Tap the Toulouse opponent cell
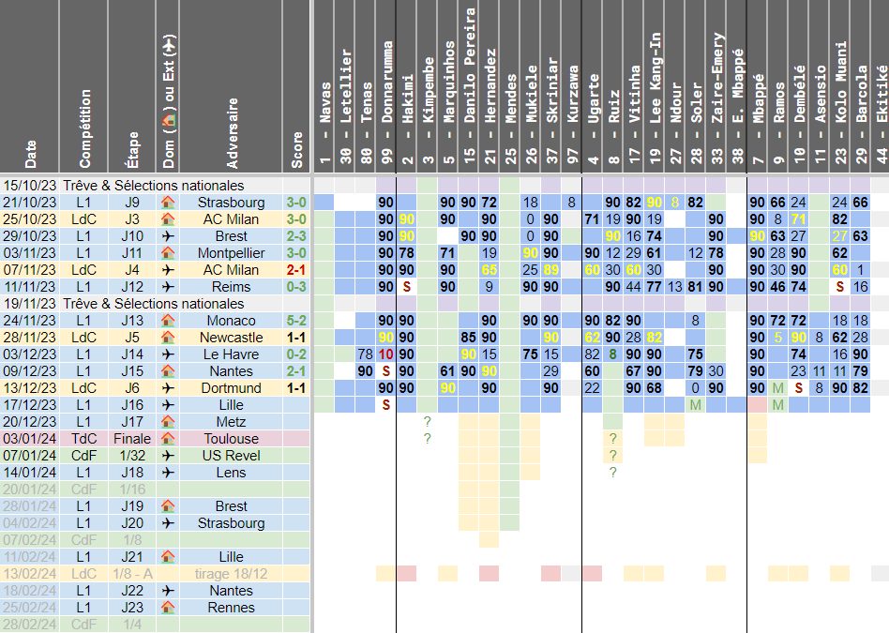coord(232,439)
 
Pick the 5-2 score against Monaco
coord(297,321)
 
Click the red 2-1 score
coord(297,270)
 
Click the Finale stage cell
coord(132,439)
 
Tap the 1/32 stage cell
coord(132,456)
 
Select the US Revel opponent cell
coord(232,456)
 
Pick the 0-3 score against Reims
coord(297,287)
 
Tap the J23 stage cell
coord(132,608)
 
